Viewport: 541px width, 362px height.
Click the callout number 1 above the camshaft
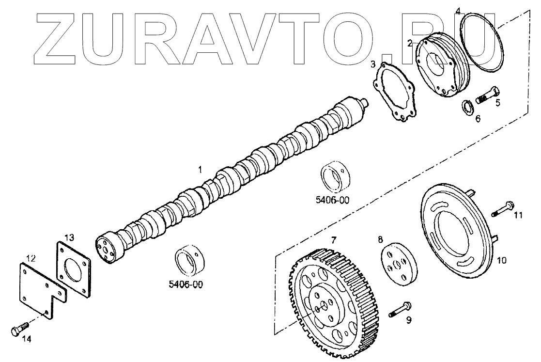point(199,169)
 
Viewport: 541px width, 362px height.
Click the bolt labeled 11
point(503,208)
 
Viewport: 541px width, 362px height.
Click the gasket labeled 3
point(394,95)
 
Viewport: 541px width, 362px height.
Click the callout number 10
point(501,260)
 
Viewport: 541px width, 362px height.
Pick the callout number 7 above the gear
point(333,240)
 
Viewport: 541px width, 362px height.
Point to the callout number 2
point(410,43)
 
